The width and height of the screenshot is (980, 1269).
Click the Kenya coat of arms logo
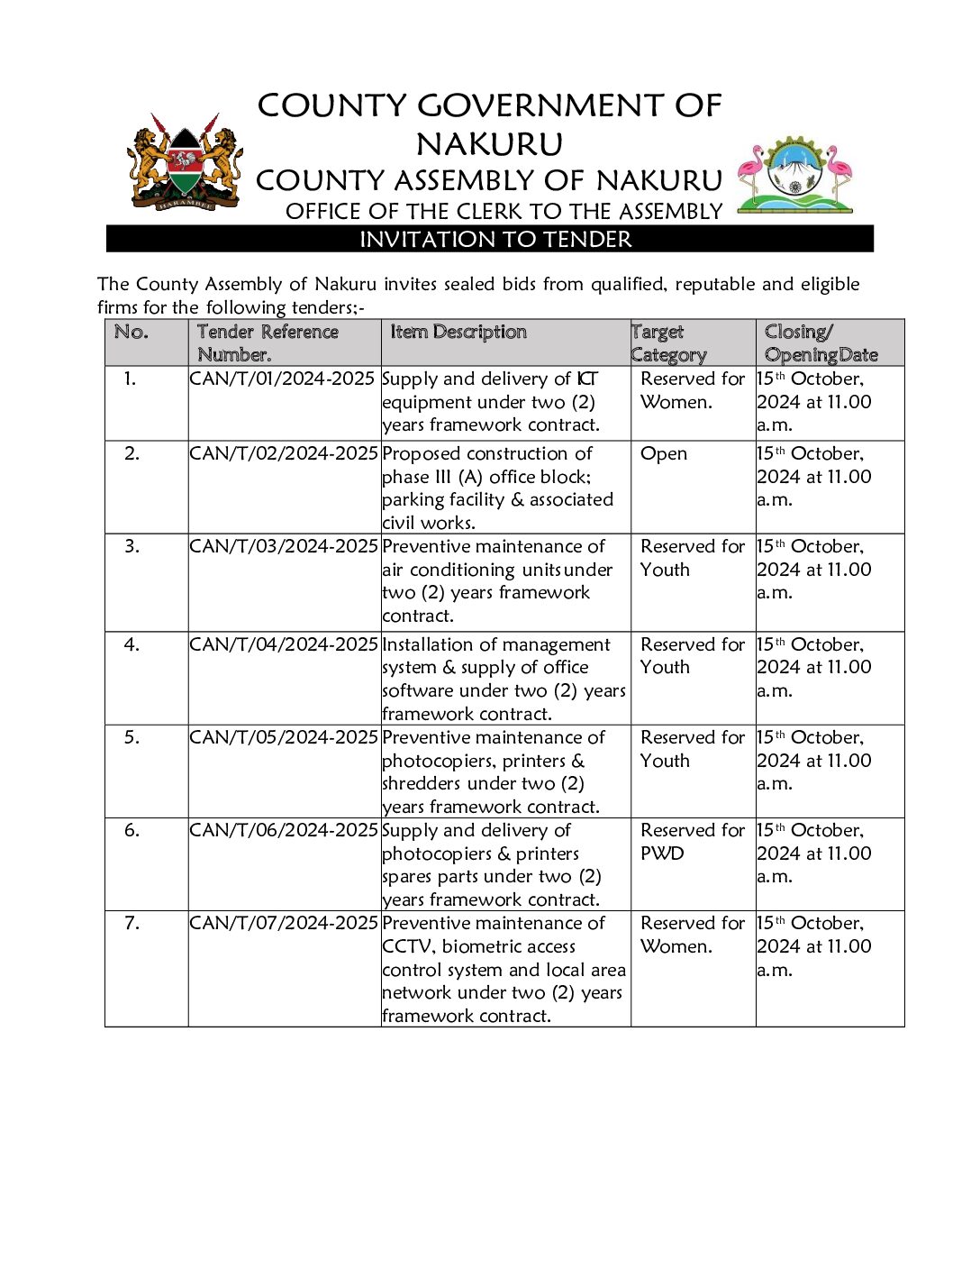[x=186, y=163]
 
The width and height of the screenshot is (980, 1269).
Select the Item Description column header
[x=458, y=333]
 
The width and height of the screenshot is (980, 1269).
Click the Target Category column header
[x=668, y=343]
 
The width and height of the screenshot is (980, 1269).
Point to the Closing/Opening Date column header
[x=821, y=343]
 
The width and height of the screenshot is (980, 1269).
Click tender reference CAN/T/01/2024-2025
[x=282, y=379]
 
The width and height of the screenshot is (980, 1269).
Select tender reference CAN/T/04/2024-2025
[x=283, y=645]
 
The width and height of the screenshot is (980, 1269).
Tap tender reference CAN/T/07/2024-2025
[x=283, y=924]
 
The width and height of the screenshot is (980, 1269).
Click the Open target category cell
[x=664, y=454]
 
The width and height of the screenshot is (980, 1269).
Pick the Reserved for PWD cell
[x=693, y=842]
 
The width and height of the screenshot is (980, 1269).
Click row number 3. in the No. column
[x=132, y=547]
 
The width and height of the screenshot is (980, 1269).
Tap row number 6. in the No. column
[x=132, y=831]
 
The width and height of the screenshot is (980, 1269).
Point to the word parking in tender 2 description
[x=414, y=500]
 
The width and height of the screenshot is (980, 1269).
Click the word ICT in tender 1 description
[x=587, y=379]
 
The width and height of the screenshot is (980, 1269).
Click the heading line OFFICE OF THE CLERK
[x=504, y=212]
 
